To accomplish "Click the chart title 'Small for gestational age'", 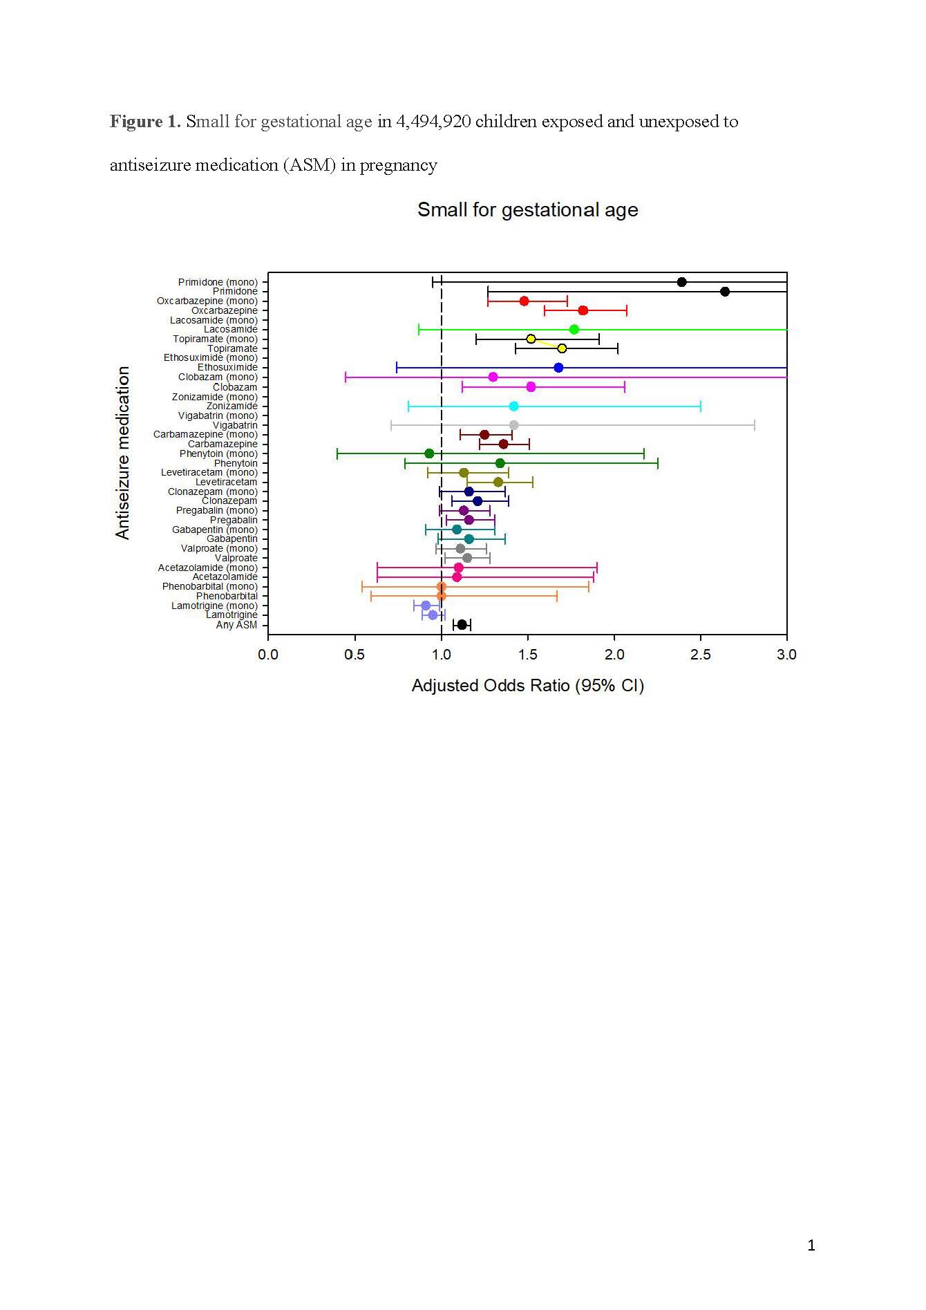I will (527, 209).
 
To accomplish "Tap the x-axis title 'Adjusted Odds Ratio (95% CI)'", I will (527, 685).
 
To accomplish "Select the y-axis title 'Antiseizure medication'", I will (123, 453).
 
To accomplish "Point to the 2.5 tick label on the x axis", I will (700, 654).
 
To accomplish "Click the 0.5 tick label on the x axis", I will (355, 654).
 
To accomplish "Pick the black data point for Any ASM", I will (462, 625).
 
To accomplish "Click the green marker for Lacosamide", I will (574, 329).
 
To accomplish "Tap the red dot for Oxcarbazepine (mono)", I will (524, 301).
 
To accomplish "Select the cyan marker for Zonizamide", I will (513, 406).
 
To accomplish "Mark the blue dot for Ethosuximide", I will (558, 367).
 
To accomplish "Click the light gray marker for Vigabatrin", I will (513, 425).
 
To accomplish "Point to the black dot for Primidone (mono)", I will (681, 281).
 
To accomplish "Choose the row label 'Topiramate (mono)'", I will (215, 339).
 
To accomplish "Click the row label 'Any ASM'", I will (236, 625).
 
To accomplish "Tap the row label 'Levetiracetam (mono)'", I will (209, 472).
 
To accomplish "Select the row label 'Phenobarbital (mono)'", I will (209, 586).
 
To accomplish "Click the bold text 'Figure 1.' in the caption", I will (145, 122).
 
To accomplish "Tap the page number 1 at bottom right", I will (811, 1245).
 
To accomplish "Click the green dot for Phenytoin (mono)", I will (429, 453).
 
